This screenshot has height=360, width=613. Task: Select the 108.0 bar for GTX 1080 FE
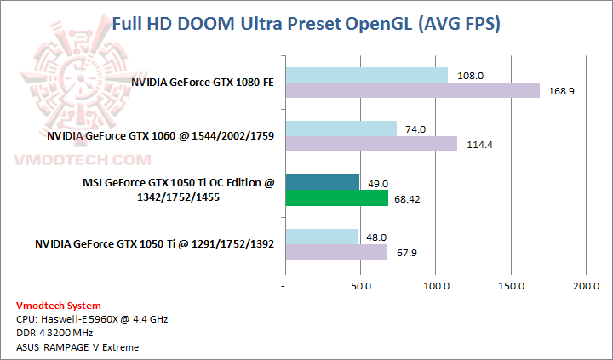[366, 75]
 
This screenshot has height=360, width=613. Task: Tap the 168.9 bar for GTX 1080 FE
[412, 90]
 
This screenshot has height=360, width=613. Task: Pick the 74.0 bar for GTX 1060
[341, 129]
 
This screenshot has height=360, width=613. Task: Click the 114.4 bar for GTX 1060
[371, 144]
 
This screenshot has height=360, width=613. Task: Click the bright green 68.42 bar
[336, 197]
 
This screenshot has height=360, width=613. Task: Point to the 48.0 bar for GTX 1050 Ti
[321, 237]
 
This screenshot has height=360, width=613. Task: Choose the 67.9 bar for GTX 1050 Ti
[335, 252]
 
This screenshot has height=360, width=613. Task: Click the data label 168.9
[558, 91]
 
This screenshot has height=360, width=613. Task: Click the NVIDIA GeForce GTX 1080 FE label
[202, 83]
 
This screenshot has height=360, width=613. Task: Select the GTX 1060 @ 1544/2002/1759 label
[160, 136]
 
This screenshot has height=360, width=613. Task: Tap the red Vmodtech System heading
[58, 306]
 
